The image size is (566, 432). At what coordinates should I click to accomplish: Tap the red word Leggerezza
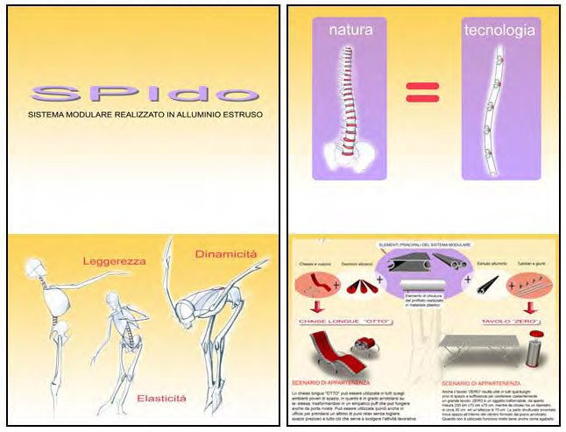click(x=113, y=260)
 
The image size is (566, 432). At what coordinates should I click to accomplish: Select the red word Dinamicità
click(x=225, y=253)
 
